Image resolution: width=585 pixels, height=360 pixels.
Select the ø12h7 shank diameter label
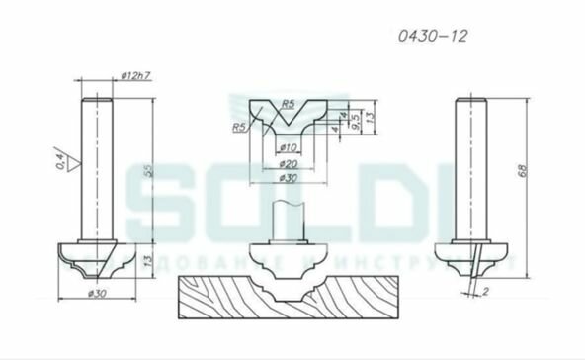click(x=135, y=76)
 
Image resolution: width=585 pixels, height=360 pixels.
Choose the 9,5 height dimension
click(x=353, y=121)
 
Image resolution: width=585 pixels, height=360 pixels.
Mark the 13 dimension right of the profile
click(x=368, y=118)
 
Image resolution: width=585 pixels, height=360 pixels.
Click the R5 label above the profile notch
click(x=288, y=103)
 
